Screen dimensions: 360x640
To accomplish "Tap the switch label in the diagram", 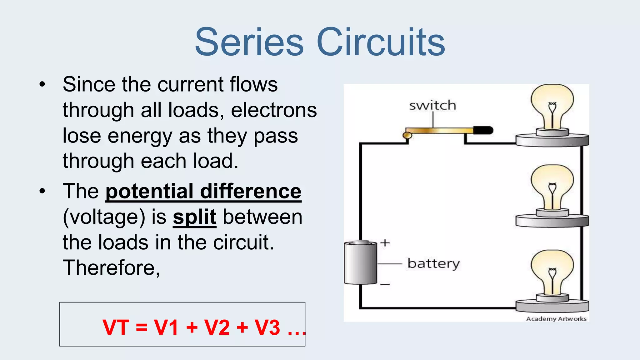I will [432, 105].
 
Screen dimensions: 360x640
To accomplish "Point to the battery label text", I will [433, 263].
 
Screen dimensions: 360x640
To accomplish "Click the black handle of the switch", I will [483, 130].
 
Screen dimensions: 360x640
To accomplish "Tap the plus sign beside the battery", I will [385, 243].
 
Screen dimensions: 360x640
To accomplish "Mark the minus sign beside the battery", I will [385, 284].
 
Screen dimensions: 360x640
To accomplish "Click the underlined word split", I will [194, 217].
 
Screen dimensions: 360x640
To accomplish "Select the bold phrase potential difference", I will [203, 191].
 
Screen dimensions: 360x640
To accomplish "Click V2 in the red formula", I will [217, 327].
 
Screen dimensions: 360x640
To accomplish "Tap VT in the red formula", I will [116, 327].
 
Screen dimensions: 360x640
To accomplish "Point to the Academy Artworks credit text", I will [556, 319].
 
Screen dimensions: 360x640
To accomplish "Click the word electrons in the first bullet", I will [274, 110].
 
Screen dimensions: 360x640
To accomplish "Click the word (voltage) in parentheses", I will [104, 217].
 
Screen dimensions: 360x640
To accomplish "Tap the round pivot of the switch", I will [407, 135].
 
